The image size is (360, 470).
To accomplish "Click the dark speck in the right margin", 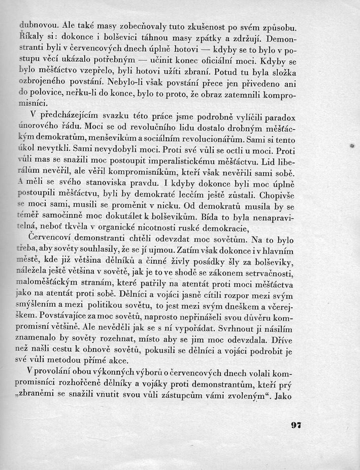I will click(x=352, y=145).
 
